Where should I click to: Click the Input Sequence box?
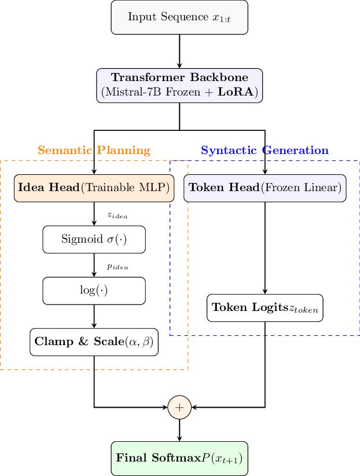(179, 17)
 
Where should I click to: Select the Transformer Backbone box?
(179, 85)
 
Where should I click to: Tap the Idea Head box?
(94, 188)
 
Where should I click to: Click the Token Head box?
(265, 188)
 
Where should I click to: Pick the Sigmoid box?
(94, 239)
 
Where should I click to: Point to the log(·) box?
(94, 291)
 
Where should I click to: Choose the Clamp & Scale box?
(94, 342)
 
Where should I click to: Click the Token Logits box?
(265, 307)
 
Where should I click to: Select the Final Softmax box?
(179, 458)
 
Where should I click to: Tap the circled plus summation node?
(179, 407)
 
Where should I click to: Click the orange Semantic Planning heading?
(94, 151)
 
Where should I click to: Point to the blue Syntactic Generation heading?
(265, 151)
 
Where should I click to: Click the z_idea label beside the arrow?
(117, 215)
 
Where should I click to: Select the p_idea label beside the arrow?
(117, 266)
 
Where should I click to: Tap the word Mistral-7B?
(130, 92)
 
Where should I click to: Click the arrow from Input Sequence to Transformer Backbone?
(179, 51)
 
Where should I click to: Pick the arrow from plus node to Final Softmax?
(179, 430)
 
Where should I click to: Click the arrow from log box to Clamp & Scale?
(94, 317)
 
